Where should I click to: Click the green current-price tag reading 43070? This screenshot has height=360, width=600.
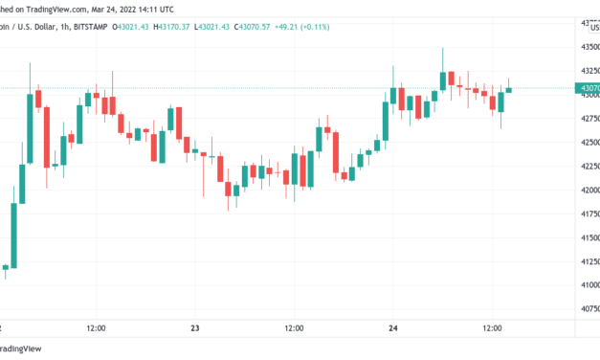coord(587,88)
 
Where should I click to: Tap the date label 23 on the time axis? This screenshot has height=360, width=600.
coord(196,328)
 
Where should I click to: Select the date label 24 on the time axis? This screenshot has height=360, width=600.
coord(394,328)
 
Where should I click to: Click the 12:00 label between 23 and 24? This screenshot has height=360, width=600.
coord(295,328)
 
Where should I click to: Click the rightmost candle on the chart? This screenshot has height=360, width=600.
coord(509,89)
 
